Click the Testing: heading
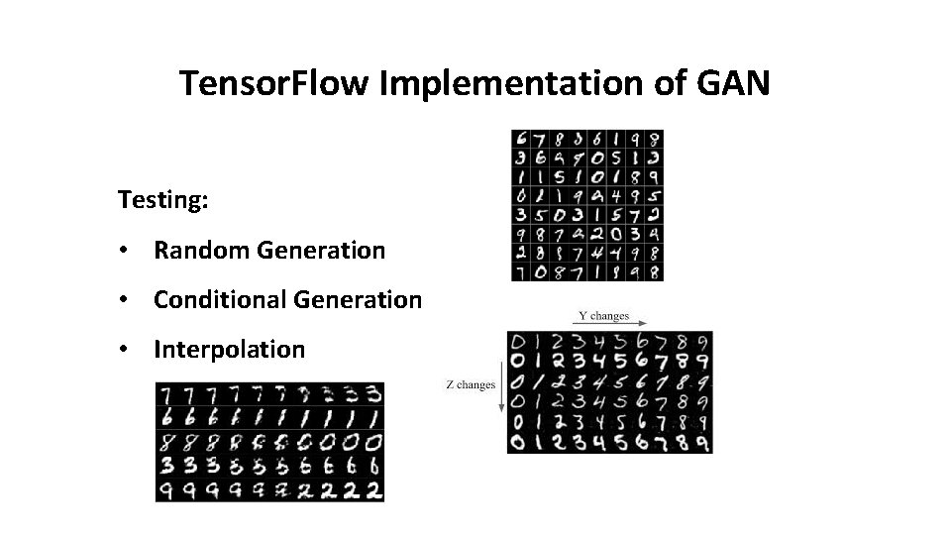pyautogui.click(x=162, y=200)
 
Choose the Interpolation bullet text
pyautogui.click(x=229, y=349)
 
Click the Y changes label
pyautogui.click(x=603, y=315)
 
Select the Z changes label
pyautogui.click(x=470, y=384)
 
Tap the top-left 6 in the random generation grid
pyautogui.click(x=521, y=141)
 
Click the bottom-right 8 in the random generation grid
pyautogui.click(x=654, y=270)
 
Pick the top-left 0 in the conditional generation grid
pyautogui.click(x=518, y=342)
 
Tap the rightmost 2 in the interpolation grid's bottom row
pyautogui.click(x=373, y=489)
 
